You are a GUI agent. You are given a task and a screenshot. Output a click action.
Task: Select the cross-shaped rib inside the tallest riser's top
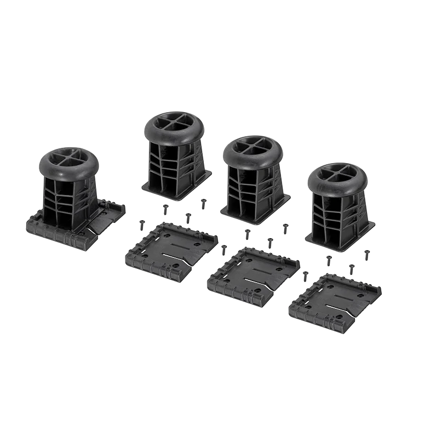coord(174,122)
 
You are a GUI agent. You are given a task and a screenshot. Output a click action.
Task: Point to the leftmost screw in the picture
coord(141,225)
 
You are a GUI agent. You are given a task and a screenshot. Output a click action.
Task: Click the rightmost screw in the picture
coord(367,255)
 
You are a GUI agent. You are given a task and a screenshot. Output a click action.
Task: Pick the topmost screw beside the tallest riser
coord(203,203)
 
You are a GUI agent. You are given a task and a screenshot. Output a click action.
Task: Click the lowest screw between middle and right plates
coord(305,277)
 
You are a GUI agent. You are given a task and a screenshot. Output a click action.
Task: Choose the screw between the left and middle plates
coord(223,250)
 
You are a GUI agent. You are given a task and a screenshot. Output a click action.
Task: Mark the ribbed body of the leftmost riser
coord(66,200)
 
